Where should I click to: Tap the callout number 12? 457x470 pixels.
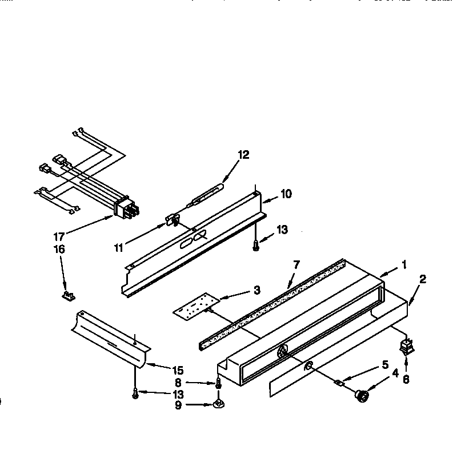[x=244, y=154]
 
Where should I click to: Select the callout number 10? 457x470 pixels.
[x=286, y=194]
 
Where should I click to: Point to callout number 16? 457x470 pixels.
[x=59, y=249]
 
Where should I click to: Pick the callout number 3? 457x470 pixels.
[x=257, y=291]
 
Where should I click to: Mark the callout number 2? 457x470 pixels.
[x=422, y=279]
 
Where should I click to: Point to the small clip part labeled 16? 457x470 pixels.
[x=69, y=295]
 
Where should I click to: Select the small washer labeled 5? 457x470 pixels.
[x=338, y=383]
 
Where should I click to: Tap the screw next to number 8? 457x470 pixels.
[x=218, y=384]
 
